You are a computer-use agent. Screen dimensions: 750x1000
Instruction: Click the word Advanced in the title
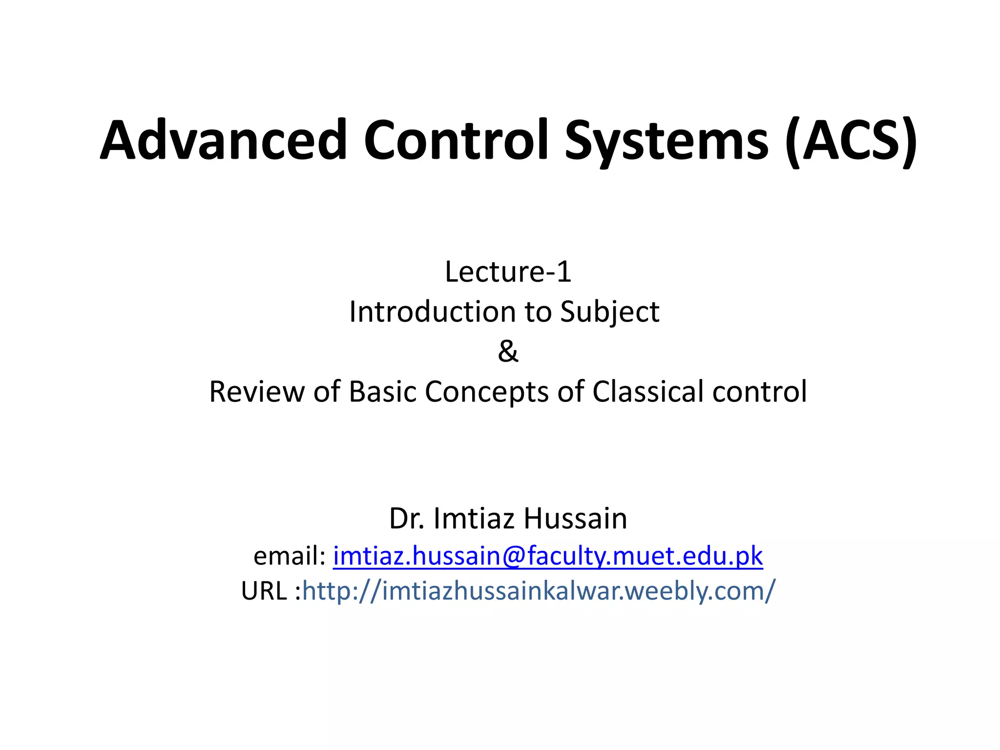223,141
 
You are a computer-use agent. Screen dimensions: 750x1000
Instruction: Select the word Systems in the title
667,142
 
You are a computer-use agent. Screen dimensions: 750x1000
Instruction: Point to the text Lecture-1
508,272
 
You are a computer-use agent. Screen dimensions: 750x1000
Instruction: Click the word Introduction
432,312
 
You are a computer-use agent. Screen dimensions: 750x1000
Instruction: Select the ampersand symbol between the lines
508,351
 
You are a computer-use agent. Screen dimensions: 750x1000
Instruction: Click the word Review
256,392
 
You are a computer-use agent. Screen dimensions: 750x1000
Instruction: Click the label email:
289,556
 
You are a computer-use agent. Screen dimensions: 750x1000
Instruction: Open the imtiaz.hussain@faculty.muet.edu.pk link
547,557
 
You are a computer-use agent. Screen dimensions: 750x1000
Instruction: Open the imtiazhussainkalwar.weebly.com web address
538,591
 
